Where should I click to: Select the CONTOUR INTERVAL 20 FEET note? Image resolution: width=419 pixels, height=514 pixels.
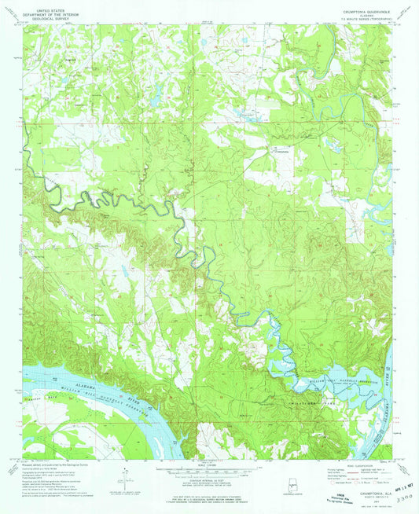(x=209, y=482)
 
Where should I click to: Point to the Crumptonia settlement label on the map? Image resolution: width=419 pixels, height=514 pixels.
(x=280, y=149)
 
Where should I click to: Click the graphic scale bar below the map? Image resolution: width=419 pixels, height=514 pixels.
(x=209, y=470)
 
